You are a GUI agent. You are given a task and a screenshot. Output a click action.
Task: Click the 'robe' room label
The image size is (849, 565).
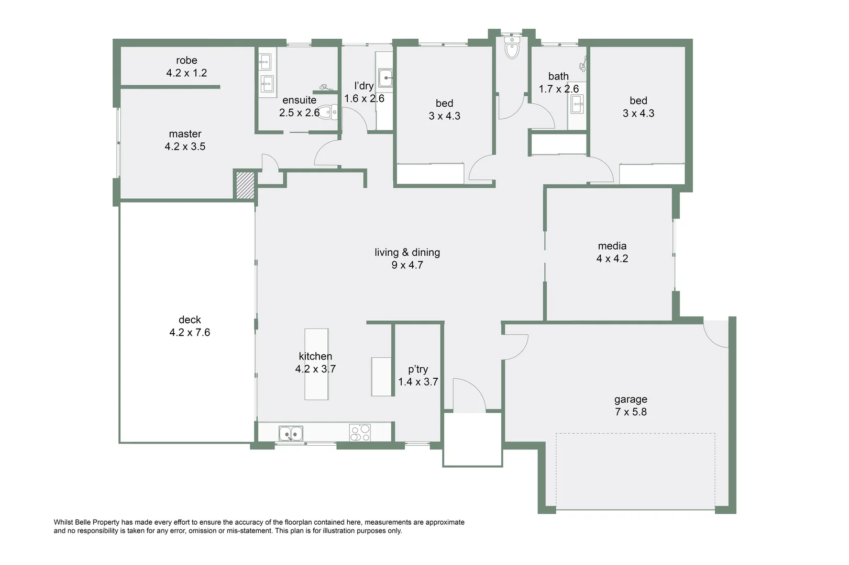[x=186, y=60]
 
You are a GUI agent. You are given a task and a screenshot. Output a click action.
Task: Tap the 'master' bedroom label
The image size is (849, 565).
[x=185, y=134]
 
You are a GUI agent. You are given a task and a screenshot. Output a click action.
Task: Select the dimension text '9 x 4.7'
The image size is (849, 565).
[x=407, y=265]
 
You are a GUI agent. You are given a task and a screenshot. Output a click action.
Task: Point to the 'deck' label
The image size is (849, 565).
[x=190, y=320]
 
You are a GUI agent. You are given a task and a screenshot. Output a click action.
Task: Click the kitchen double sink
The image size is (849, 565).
[x=291, y=433]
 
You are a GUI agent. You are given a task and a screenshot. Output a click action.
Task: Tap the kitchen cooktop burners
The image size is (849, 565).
[x=360, y=433]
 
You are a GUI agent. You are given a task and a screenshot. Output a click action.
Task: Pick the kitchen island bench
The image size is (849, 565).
[x=316, y=364]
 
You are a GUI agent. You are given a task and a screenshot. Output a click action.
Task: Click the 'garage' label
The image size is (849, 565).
[x=631, y=400]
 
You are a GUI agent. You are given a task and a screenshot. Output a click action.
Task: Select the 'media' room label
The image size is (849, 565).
[x=612, y=246]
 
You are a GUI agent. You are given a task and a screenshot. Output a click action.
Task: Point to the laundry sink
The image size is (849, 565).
[x=385, y=78]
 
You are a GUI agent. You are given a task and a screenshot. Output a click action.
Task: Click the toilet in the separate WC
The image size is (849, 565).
[x=512, y=47]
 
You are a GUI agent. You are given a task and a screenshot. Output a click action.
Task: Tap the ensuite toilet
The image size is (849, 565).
[x=327, y=112]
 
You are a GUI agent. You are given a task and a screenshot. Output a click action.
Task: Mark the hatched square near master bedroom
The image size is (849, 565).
[x=245, y=185]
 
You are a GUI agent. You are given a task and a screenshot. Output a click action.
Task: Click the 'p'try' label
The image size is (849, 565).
[x=417, y=369]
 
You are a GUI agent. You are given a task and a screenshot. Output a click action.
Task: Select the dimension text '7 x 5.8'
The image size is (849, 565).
[x=631, y=412]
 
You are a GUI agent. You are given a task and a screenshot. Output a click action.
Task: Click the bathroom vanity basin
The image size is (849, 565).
[x=577, y=105]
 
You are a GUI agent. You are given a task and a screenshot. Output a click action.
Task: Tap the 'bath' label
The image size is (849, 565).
[x=558, y=76]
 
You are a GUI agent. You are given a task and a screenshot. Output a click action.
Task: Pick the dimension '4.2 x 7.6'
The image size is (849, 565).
[x=190, y=333]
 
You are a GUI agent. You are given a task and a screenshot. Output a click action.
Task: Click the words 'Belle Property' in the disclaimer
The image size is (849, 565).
[x=96, y=522]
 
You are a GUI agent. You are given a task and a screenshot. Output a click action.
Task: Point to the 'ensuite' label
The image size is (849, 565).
[x=299, y=100]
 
